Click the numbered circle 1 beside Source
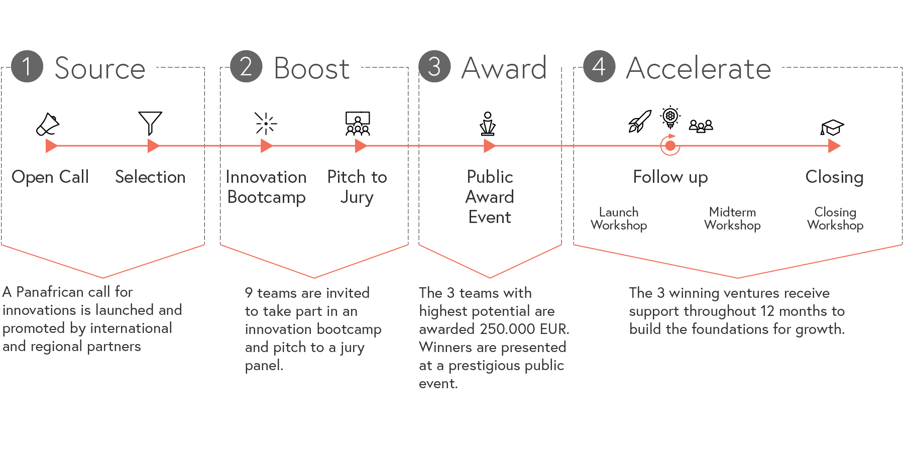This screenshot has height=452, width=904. point(27,66)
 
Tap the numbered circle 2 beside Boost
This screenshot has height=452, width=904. point(246,66)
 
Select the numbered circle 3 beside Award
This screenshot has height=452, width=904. point(435,66)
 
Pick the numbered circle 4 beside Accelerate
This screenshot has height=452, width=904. point(599,66)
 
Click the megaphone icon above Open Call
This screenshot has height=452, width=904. point(48,124)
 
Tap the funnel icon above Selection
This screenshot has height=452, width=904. point(150,123)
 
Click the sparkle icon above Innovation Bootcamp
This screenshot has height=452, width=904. point(266,123)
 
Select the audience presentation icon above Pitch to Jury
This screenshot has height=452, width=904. point(358,124)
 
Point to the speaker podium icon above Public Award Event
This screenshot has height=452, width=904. point(488,124)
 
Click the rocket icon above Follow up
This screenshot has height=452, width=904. point(640,121)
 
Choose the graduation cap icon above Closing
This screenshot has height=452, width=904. point(832,128)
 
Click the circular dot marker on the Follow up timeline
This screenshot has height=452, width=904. point(670,146)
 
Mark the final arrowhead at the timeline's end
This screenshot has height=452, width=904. point(834,146)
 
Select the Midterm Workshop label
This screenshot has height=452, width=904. point(732,218)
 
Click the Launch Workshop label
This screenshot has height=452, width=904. point(619,218)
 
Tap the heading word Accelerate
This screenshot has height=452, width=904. point(699,68)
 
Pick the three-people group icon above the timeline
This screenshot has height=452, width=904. point(701,126)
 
